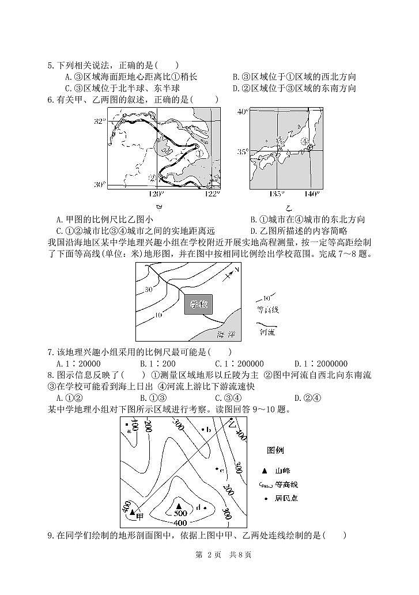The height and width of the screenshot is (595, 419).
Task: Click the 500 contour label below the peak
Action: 180,513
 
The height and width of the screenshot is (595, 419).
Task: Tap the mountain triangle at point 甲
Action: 133,511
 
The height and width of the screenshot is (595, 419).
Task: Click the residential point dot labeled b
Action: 202,429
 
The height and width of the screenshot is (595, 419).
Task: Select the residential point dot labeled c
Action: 216,469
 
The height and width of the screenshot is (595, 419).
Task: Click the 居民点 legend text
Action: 286,498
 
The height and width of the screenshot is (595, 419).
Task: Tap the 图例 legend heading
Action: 275,450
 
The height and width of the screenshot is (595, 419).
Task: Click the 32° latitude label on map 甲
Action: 100,122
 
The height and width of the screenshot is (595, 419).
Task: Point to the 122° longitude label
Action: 212,194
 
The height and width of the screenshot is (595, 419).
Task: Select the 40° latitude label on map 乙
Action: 242,111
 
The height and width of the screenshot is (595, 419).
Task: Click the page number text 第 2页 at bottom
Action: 209,555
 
